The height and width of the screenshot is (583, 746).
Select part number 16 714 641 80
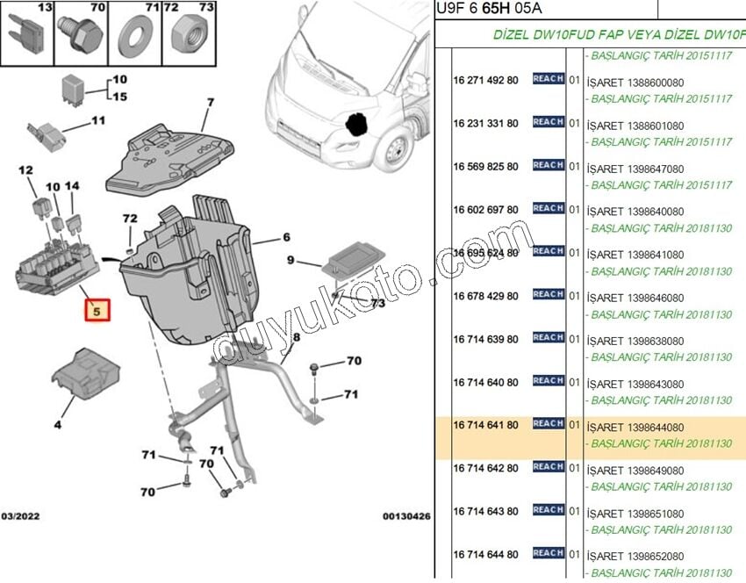[485, 425]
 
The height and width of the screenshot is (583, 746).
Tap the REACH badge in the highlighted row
[548, 424]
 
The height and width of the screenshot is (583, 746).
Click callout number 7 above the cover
[211, 103]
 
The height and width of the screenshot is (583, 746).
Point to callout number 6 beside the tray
[286, 237]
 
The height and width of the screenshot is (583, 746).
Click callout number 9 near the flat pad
[291, 261]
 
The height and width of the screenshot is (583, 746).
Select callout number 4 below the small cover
[58, 425]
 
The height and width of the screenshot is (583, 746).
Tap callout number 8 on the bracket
[297, 337]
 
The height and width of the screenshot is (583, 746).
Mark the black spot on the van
[355, 124]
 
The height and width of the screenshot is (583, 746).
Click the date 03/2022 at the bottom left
[20, 516]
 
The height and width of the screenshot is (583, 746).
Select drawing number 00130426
[405, 516]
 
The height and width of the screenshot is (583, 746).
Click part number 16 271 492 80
[485, 80]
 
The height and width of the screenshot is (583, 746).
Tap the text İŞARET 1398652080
[637, 556]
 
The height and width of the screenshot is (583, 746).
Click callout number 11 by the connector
[97, 120]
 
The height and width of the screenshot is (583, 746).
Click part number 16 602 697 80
[485, 210]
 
